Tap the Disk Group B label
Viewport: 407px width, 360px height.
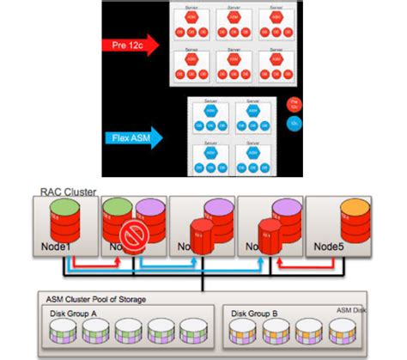255,314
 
